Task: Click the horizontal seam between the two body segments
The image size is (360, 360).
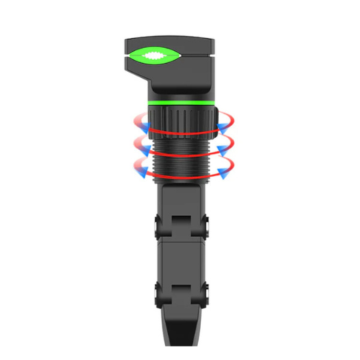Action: tap(180, 241)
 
